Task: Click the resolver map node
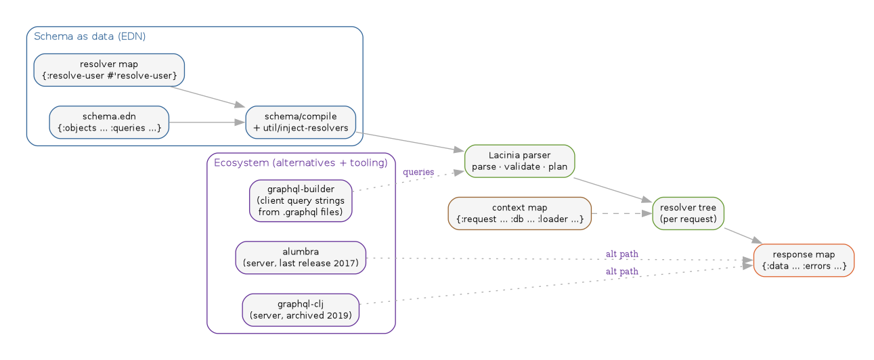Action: point(109,70)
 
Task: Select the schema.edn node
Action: point(109,122)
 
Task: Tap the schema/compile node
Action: point(300,122)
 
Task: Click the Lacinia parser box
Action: point(519,161)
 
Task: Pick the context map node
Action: point(519,213)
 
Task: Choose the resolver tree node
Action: point(688,213)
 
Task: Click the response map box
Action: point(804,261)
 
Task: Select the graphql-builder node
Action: point(301,200)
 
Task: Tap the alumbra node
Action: point(301,258)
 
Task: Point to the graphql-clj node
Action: point(301,310)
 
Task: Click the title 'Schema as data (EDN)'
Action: point(89,36)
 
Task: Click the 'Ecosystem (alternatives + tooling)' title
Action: point(301,162)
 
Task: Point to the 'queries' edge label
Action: point(418,172)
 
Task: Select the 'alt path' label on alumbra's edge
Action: point(621,254)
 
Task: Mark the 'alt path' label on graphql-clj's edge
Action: point(621,271)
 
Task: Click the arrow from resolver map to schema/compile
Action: point(206,96)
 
